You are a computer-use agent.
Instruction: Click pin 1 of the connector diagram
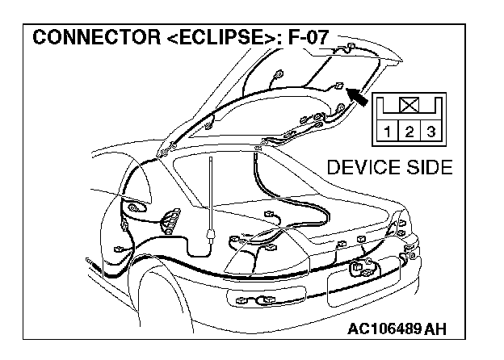click(x=388, y=132)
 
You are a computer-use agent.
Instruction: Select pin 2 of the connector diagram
click(x=409, y=132)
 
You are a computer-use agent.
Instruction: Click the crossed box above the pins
click(x=409, y=105)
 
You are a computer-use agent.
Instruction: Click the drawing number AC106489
click(x=386, y=329)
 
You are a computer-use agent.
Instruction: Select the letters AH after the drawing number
click(x=436, y=329)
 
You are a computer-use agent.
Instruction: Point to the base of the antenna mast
click(x=210, y=236)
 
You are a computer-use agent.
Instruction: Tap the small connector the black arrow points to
click(x=339, y=86)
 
